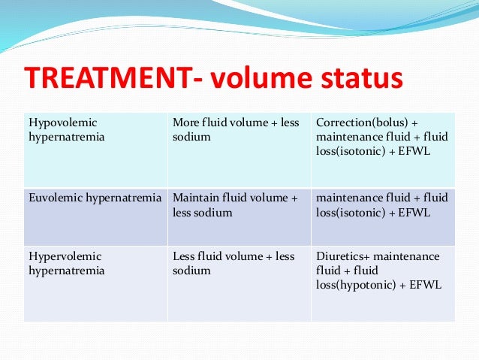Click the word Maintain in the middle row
[195, 198]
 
